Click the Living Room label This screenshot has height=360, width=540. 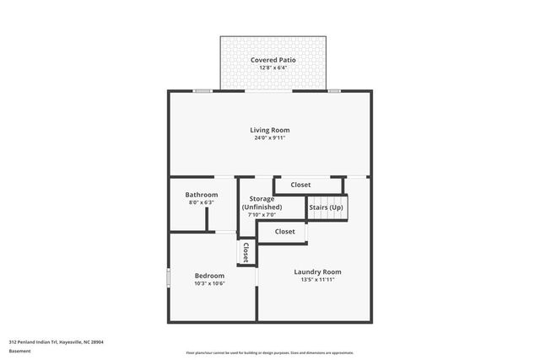[269, 130]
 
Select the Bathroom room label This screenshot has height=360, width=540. [202, 195]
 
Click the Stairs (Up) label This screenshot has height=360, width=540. [326, 207]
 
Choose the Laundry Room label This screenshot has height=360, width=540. [317, 271]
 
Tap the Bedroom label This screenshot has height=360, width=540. [209, 276]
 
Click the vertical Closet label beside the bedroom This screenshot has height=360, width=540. [246, 251]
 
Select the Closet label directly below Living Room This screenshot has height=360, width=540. [300, 185]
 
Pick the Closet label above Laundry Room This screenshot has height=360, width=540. [284, 231]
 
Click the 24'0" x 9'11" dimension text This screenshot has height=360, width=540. [270, 138]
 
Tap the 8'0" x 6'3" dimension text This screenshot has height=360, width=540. [202, 202]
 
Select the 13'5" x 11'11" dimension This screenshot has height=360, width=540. [317, 280]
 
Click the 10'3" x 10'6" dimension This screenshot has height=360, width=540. [209, 283]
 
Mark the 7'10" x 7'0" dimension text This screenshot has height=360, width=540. [262, 215]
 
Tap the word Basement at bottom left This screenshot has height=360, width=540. [19, 351]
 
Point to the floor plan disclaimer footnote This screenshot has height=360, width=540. [269, 352]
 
